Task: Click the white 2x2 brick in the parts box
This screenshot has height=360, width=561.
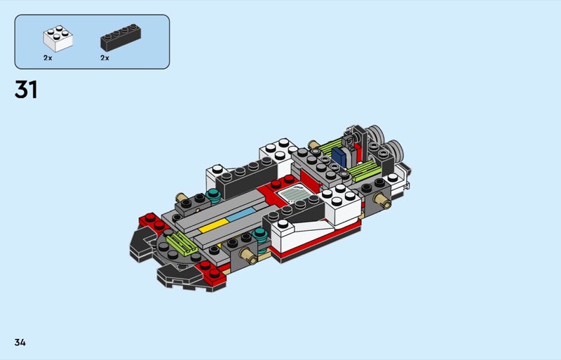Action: (x=58, y=39)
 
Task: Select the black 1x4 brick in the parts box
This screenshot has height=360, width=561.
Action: (x=121, y=38)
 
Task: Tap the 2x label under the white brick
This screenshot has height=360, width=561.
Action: (x=48, y=58)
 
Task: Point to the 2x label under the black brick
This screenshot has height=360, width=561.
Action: (x=104, y=58)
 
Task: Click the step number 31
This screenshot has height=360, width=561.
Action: (x=26, y=90)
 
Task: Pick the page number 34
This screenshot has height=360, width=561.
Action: (x=20, y=342)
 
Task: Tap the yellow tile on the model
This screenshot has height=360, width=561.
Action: (x=214, y=225)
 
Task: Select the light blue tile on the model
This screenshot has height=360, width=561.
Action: (x=241, y=214)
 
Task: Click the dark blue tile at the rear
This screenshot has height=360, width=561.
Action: (x=339, y=157)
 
